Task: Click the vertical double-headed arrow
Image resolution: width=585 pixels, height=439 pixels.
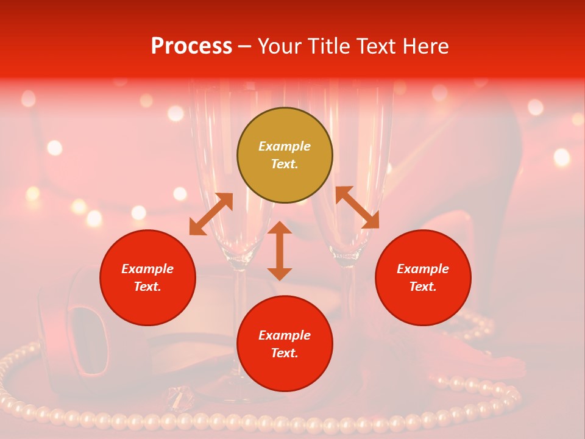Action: pyautogui.click(x=280, y=251)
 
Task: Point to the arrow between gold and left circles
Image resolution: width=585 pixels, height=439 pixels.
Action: pyautogui.click(x=211, y=214)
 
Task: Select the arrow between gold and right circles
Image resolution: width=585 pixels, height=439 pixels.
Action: pyautogui.click(x=357, y=207)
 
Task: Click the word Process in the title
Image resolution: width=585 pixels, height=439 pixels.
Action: pyautogui.click(x=191, y=46)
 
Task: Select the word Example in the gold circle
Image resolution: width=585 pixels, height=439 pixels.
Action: pyautogui.click(x=285, y=146)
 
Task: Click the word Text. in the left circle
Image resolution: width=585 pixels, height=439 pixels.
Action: pyautogui.click(x=147, y=287)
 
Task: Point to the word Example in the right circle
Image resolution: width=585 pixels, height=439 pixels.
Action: pyautogui.click(x=423, y=269)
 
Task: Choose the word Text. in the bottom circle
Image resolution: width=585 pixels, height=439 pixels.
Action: pyautogui.click(x=285, y=353)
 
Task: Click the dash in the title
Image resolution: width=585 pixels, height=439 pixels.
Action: pyautogui.click(x=244, y=46)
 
